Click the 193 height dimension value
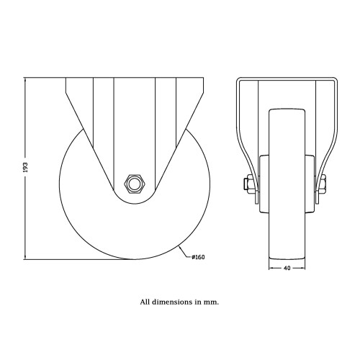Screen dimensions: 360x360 26,167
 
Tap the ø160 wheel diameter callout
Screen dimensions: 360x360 198,257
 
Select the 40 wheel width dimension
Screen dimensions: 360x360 287,268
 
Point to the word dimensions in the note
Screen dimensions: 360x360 174,302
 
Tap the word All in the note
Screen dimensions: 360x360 145,302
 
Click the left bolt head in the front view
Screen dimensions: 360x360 247,185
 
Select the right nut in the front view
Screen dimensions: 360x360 323,184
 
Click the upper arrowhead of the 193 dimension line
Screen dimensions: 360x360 25,80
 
